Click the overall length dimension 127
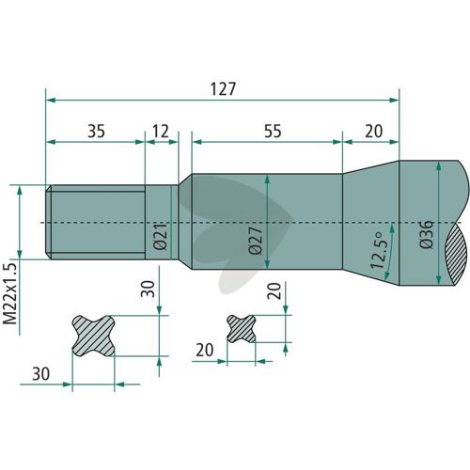(x=223, y=89)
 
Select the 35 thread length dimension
(x=96, y=131)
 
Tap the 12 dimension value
(x=161, y=131)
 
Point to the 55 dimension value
(x=273, y=131)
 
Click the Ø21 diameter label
(x=161, y=237)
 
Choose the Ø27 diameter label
(x=256, y=241)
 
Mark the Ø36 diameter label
(x=427, y=234)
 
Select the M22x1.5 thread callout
(x=9, y=293)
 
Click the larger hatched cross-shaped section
(x=94, y=336)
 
